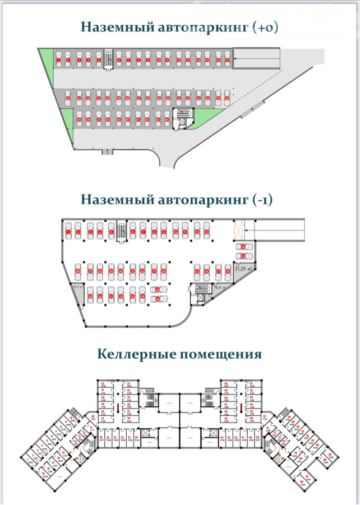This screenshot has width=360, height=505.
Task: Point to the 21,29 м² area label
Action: coord(242,269)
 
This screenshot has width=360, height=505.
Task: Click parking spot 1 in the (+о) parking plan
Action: coord(58,59)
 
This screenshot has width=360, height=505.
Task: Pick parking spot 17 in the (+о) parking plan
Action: coord(227,59)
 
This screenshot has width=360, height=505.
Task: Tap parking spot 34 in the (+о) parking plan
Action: coord(68,98)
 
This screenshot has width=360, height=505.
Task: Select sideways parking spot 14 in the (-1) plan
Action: coord(243,247)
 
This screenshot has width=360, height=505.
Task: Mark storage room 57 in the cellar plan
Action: coord(252,418)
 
